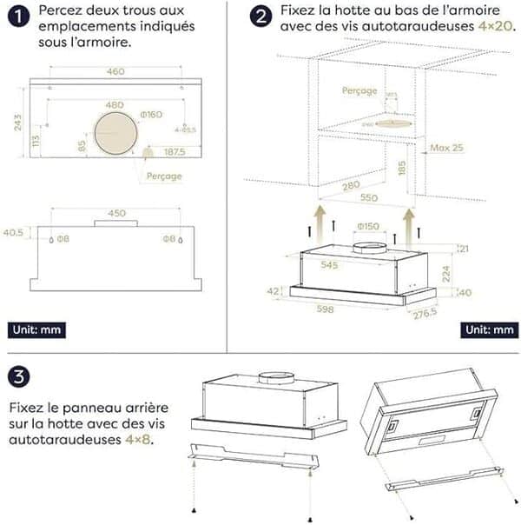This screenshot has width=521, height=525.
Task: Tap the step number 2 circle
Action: [x=258, y=16]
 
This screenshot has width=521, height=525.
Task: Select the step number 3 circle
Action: [x=18, y=377]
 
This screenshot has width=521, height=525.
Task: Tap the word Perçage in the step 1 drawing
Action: [x=164, y=176]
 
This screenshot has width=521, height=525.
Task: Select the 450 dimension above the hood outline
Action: [x=115, y=213]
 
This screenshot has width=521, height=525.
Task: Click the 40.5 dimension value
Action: [x=14, y=233]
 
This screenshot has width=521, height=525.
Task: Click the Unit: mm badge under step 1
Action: [x=36, y=330]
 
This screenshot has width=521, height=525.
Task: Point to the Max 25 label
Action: [x=447, y=148]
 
